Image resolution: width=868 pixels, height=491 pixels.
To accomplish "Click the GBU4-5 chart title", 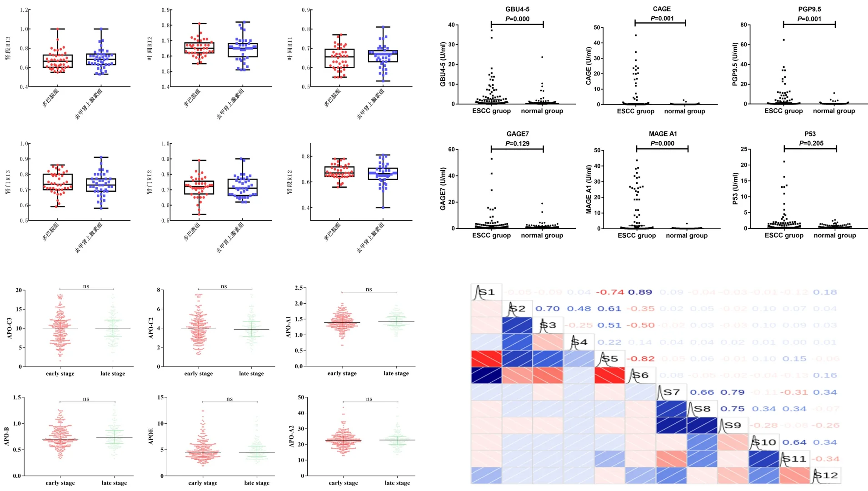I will pyautogui.click(x=517, y=9).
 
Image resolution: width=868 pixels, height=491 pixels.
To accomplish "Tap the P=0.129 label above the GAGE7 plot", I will pyautogui.click(x=517, y=144).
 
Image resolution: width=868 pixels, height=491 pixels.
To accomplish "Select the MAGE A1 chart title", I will pyautogui.click(x=663, y=134).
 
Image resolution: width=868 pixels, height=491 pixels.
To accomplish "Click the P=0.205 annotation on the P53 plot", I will pyautogui.click(x=810, y=143).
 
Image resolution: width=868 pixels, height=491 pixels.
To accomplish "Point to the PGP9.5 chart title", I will pyautogui.click(x=809, y=9).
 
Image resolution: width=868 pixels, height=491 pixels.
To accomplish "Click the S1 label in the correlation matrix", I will pyautogui.click(x=487, y=292).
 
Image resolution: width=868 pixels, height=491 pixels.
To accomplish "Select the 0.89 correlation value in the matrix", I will pyautogui.click(x=640, y=292).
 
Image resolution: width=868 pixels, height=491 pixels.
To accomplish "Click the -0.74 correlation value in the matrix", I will pyautogui.click(x=609, y=292).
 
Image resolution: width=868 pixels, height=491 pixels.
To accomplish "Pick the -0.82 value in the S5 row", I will pyautogui.click(x=640, y=359).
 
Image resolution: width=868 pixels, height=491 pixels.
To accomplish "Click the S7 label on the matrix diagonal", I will pyautogui.click(x=671, y=392).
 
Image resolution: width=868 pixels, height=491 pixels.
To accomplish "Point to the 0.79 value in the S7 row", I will pyautogui.click(x=733, y=392).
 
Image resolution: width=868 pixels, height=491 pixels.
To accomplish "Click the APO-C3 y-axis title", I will pyautogui.click(x=10, y=328).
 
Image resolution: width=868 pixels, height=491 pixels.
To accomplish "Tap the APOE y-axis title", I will pyautogui.click(x=151, y=437).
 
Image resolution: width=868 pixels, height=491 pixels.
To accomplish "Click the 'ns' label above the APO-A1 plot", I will pyautogui.click(x=369, y=289).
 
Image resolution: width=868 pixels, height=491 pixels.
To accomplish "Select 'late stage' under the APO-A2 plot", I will pyautogui.click(x=397, y=483).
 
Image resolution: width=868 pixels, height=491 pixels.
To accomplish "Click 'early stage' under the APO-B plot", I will pyautogui.click(x=60, y=483).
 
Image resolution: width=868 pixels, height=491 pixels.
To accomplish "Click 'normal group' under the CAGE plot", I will pyautogui.click(x=684, y=111).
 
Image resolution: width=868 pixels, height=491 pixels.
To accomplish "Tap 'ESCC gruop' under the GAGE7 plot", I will pyautogui.click(x=491, y=235).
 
